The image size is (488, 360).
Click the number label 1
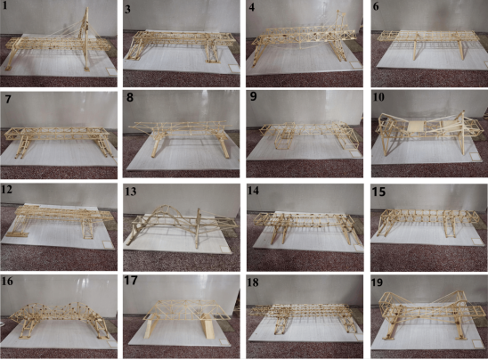coord(4,6)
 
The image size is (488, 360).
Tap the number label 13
coord(130,191)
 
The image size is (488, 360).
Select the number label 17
coord(130,281)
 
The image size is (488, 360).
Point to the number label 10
coord(378,96)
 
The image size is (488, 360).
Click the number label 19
coord(377,282)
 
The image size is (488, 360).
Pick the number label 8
coord(129,97)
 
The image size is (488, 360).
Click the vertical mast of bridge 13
coord(197,227)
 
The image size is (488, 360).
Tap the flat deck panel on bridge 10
coord(416,127)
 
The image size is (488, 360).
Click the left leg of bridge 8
coord(156,145)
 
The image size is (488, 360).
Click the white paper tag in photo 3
coord(232,69)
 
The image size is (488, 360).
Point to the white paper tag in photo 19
coord(476,344)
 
